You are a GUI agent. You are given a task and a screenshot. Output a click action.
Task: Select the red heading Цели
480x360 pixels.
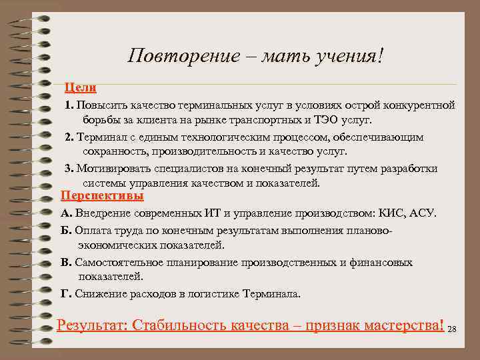(80, 87)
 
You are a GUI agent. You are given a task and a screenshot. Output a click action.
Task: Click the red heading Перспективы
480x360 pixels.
(102, 196)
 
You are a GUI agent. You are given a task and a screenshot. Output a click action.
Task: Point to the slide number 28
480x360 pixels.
(452, 329)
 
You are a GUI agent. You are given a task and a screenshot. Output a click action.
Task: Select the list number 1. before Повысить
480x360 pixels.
(69, 105)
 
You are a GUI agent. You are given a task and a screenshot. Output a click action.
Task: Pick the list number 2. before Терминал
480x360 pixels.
(69, 137)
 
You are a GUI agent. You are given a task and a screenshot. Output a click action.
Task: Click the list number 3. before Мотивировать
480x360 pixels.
(69, 169)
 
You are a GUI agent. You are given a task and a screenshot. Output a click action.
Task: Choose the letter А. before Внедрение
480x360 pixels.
(66, 213)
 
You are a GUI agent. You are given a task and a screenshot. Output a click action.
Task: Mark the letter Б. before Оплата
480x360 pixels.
(65, 230)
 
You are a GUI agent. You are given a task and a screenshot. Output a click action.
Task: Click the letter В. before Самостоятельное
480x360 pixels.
(66, 263)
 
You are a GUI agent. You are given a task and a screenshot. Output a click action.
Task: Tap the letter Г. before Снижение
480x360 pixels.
(65, 293)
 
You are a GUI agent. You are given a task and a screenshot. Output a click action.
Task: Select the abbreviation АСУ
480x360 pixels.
(422, 213)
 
